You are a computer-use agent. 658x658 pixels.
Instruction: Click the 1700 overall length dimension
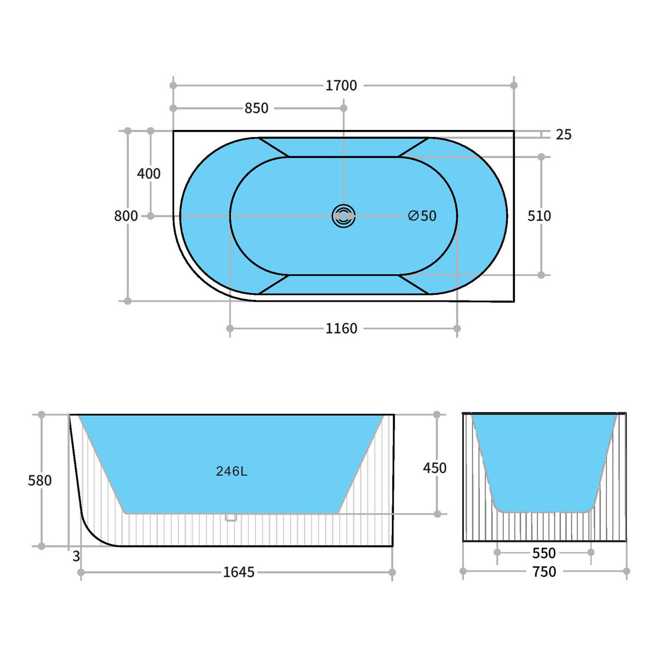click(x=341, y=86)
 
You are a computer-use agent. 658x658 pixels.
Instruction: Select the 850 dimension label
click(x=257, y=108)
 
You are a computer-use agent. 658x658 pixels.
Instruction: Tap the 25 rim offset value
click(x=564, y=134)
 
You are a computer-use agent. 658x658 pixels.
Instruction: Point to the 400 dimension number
click(x=149, y=174)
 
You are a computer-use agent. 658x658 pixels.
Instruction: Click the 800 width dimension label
click(x=126, y=216)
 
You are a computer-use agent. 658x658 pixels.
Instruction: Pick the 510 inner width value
click(x=539, y=216)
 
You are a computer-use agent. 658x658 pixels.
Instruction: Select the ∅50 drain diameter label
click(x=422, y=216)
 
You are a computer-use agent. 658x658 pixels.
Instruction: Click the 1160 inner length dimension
click(x=341, y=328)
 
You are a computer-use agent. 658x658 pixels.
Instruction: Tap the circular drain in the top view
click(x=343, y=216)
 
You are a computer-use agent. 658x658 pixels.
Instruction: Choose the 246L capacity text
click(x=231, y=471)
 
